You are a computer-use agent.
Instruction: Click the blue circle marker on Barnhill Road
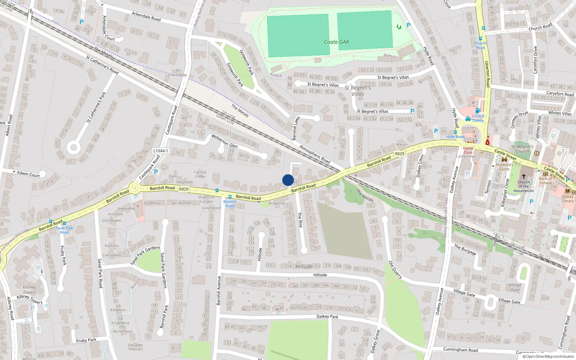pos(288,180)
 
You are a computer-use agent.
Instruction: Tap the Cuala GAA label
pos(336,42)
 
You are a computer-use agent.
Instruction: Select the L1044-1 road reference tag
pos(161,151)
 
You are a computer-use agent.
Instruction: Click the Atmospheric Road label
pos(315,154)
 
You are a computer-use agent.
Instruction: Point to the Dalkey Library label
pos(568,199)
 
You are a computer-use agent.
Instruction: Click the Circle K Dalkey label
pos(478,118)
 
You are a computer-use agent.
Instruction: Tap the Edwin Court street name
pos(28,174)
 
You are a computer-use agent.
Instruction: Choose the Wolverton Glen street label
pos(224,141)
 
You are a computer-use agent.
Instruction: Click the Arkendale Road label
pos(146,16)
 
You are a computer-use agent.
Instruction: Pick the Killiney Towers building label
pos(29,290)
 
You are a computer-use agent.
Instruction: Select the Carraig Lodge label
pos(200,174)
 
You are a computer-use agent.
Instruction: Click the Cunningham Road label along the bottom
pos(460,350)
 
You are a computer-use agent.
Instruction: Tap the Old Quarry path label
pos(395,270)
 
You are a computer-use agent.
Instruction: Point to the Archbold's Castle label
pos(504,167)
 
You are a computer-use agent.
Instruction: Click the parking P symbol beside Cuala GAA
pos(408,25)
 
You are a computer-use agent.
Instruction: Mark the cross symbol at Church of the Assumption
pos(524,176)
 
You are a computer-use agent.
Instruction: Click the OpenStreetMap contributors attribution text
pos(548,357)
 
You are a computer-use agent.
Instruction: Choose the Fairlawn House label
pos(135,347)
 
